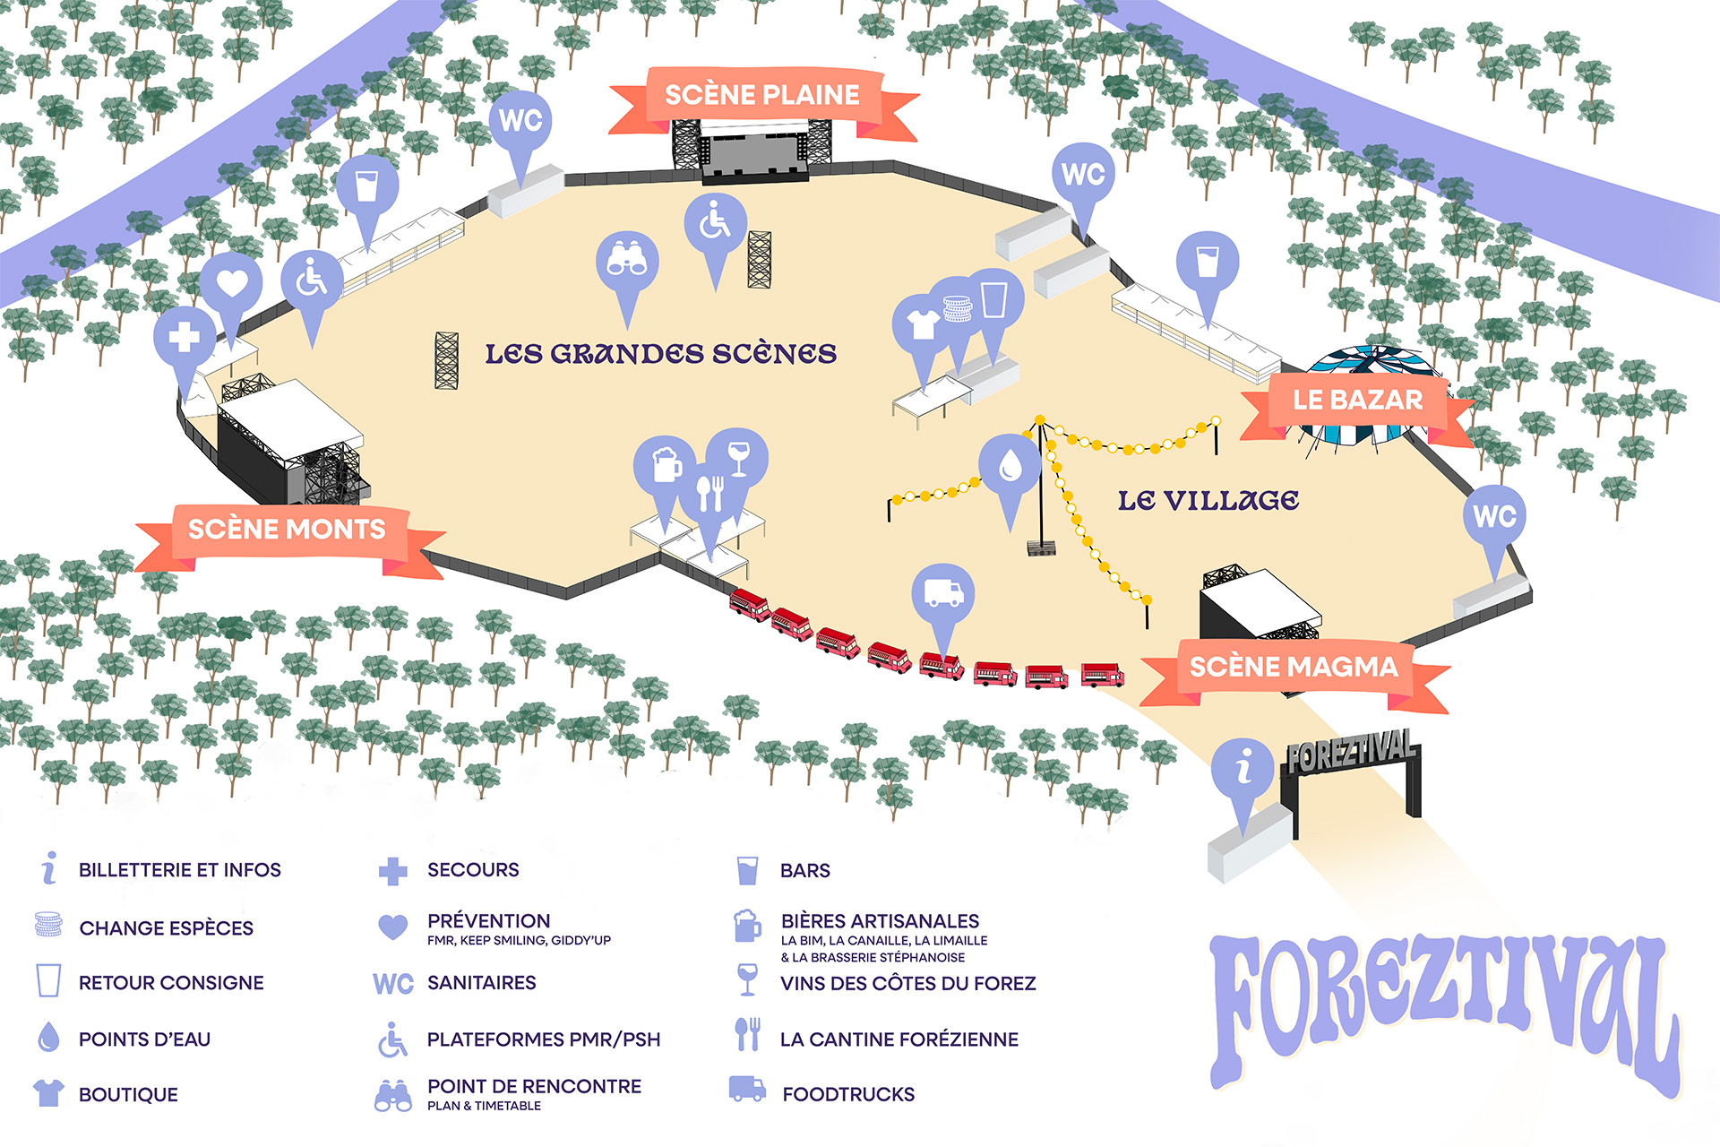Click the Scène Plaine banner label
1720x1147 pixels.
pos(762,95)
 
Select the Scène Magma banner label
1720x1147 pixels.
pos(1294,667)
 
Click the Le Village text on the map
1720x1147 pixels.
pos(1208,500)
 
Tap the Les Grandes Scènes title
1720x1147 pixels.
pos(661,353)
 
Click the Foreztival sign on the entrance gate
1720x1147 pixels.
pos(1352,751)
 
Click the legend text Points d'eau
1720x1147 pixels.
pos(144,1039)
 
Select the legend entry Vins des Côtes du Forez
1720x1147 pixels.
pos(907,983)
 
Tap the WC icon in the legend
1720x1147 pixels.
pos(393,984)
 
